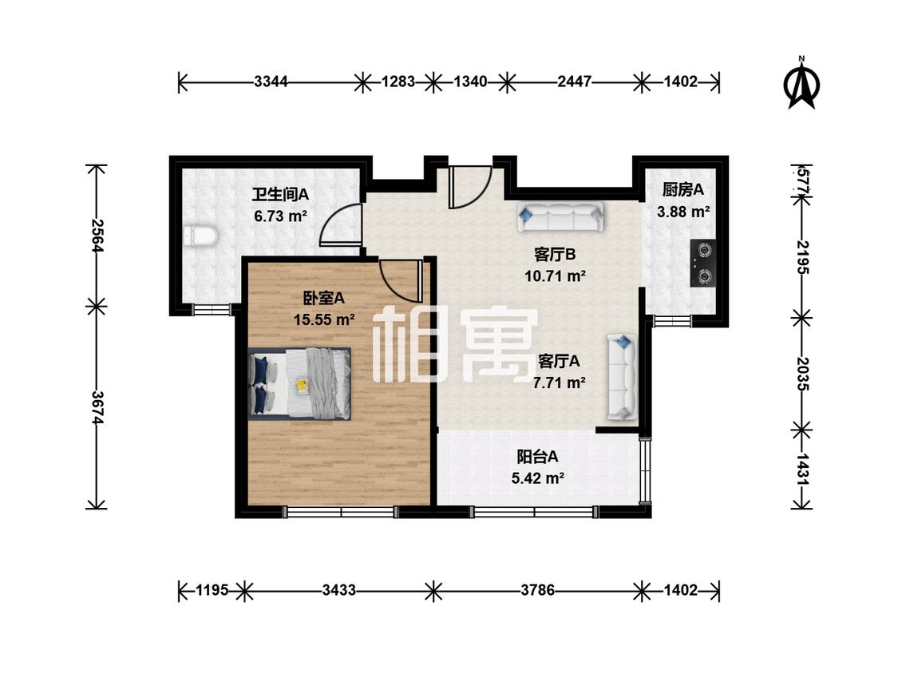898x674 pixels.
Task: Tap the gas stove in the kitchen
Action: pyautogui.click(x=703, y=263)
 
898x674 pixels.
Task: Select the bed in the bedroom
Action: pyautogui.click(x=299, y=383)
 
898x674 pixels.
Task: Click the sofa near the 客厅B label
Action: pyautogui.click(x=560, y=216)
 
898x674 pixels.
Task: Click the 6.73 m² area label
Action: pyautogui.click(x=281, y=216)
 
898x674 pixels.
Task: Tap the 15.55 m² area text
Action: pyautogui.click(x=323, y=319)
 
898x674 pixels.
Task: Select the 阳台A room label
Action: pyautogui.click(x=537, y=457)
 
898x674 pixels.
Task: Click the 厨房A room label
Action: pyautogui.click(x=682, y=189)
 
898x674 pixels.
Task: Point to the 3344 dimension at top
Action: pyautogui.click(x=271, y=82)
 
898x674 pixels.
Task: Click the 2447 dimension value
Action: pyautogui.click(x=575, y=82)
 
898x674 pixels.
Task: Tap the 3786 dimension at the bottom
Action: pyautogui.click(x=537, y=589)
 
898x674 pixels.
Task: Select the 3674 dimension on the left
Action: pyautogui.click(x=97, y=408)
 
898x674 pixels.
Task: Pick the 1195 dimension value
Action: pyautogui.click(x=212, y=589)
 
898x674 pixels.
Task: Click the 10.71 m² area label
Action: pyautogui.click(x=555, y=276)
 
